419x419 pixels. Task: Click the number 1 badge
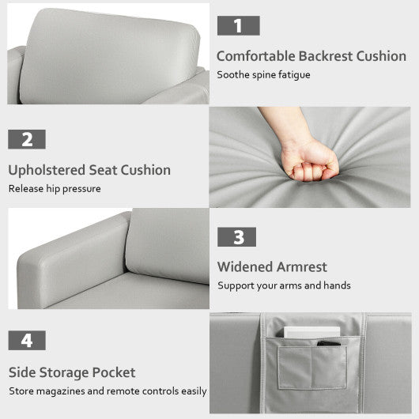click(x=238, y=25)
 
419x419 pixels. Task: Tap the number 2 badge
click(x=27, y=139)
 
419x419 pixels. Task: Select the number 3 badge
click(x=238, y=236)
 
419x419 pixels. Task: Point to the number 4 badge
click(x=27, y=341)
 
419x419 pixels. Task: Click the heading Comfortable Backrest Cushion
click(x=311, y=56)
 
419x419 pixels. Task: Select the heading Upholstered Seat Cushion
click(x=89, y=170)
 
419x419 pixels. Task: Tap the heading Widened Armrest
click(x=272, y=267)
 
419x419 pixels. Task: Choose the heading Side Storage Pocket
click(x=72, y=372)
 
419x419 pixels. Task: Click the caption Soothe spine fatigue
click(x=264, y=75)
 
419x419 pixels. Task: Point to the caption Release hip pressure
click(x=55, y=189)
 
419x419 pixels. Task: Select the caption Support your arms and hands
click(x=284, y=285)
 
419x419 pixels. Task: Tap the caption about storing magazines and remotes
click(x=108, y=391)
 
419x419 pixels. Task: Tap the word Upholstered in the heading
click(x=46, y=170)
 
